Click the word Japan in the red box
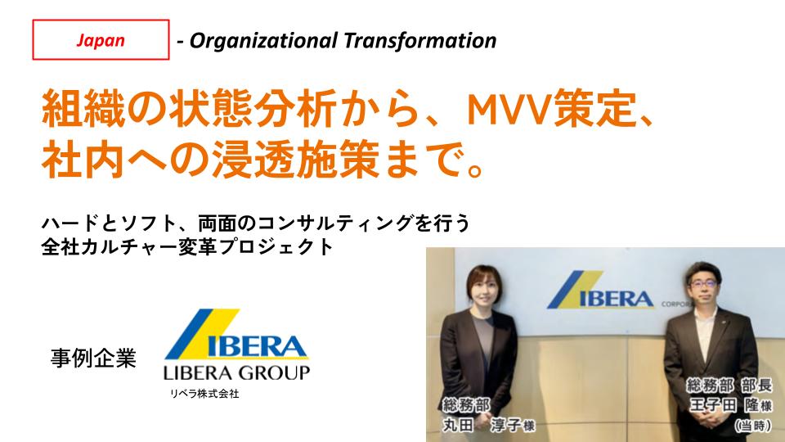[101, 40]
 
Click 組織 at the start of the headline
[83, 108]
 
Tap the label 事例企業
[93, 358]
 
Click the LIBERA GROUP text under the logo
[236, 373]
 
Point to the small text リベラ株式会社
[204, 394]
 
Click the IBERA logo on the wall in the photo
[601, 290]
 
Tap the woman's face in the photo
[485, 291]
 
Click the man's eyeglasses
[703, 283]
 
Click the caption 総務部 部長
[729, 385]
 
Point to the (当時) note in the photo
[753, 426]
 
